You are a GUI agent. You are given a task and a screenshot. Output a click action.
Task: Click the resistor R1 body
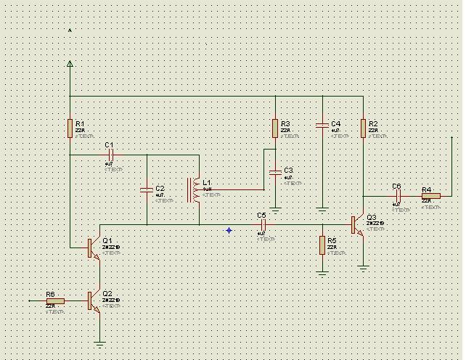(70, 128)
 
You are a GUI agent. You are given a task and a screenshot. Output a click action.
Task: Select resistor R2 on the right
(363, 128)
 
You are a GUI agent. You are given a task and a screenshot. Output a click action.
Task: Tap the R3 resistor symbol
(275, 128)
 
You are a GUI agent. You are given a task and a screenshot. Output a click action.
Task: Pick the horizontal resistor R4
(430, 196)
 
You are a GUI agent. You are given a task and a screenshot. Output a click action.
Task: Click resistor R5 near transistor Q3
(322, 245)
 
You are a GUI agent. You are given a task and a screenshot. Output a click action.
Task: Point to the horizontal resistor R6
(55, 300)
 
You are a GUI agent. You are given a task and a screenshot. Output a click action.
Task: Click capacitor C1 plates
(111, 155)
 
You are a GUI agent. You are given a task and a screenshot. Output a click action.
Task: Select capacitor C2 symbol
(147, 189)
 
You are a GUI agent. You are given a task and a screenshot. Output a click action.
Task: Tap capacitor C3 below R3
(275, 172)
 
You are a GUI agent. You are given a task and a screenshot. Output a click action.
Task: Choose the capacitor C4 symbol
(322, 126)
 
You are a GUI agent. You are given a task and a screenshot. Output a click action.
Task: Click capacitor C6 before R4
(398, 196)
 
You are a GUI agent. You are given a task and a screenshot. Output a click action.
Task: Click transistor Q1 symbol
(93, 247)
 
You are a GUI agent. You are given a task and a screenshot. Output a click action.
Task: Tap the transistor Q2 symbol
(93, 300)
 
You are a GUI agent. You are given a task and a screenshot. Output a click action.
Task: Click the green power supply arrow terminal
(70, 64)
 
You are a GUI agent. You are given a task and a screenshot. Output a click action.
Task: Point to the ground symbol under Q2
(99, 343)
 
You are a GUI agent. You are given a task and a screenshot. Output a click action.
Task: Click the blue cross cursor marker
(229, 230)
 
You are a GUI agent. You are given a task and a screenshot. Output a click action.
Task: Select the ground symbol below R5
(322, 272)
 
